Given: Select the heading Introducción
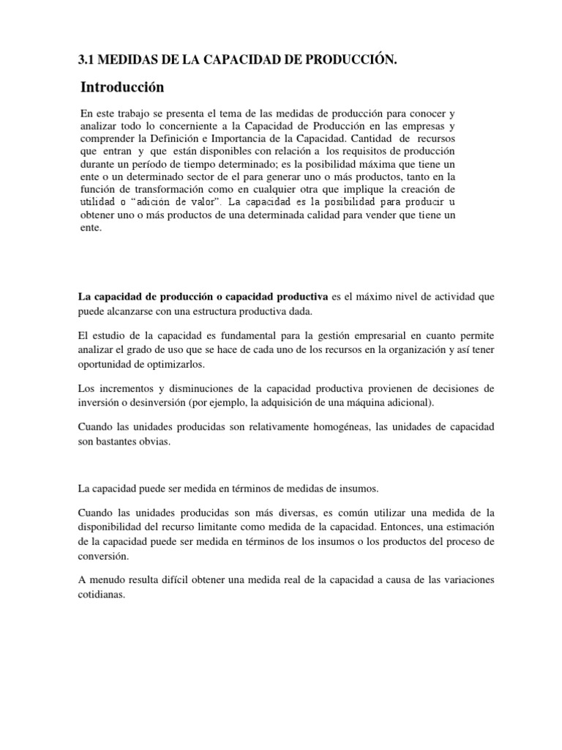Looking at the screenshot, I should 122,88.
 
